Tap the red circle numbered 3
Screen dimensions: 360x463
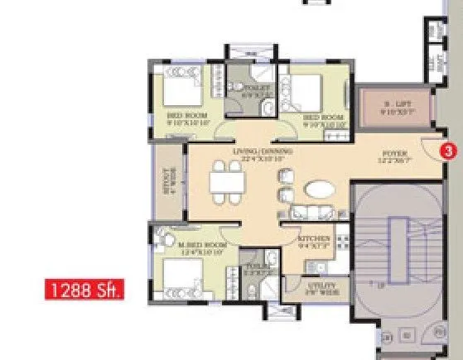point(447,151)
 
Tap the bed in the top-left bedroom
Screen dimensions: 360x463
point(177,90)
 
